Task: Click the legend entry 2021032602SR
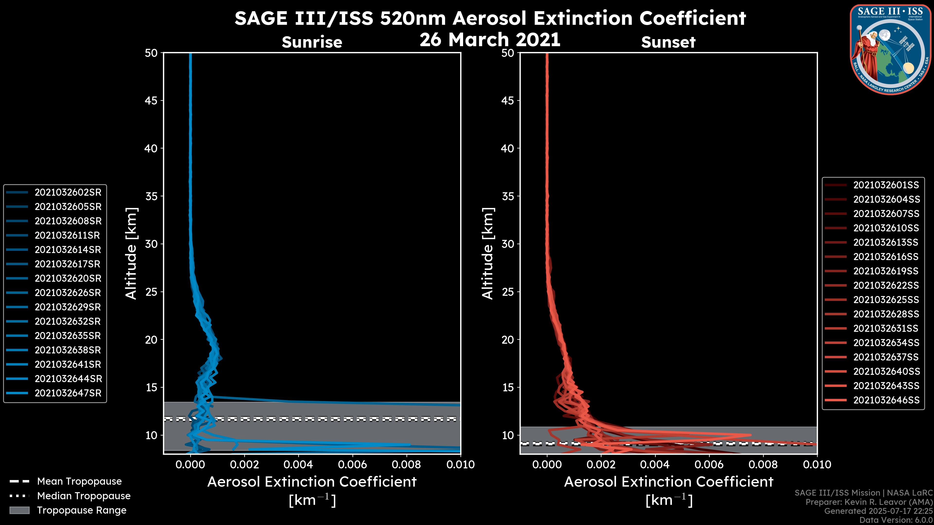68,192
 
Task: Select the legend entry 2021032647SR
68,393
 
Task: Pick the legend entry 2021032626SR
68,293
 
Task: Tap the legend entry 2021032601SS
886,185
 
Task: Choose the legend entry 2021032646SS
886,400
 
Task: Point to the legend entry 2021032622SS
886,286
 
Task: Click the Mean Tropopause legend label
79,481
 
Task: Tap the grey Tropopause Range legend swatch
19,510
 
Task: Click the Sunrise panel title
312,42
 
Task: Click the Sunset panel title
668,42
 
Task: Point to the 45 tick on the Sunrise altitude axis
151,100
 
